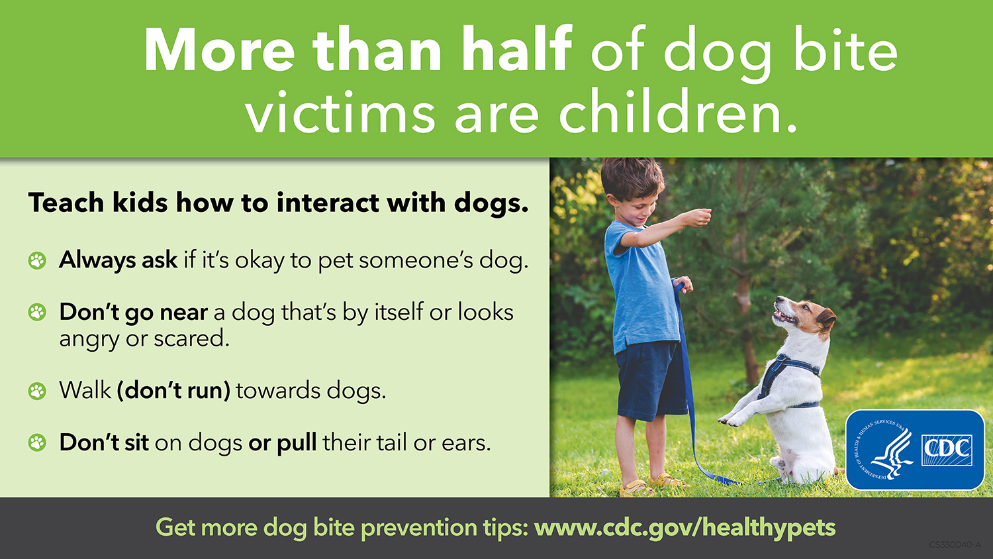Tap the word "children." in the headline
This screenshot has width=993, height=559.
point(678,112)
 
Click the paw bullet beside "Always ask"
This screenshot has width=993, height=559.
point(37,260)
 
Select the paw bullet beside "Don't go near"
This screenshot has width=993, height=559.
point(37,313)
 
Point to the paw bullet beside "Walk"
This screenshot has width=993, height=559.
point(37,391)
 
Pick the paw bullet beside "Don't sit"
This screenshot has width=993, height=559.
point(37,443)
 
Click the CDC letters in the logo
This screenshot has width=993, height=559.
point(947,450)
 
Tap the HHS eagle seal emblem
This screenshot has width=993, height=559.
point(883,450)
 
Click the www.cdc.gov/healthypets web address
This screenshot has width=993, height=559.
point(685,528)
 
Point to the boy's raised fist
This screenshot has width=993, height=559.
point(700,218)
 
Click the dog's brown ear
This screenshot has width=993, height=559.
point(826,319)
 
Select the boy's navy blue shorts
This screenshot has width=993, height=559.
point(650,380)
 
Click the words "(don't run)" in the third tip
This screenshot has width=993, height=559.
point(173,391)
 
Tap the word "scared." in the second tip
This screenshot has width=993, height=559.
point(191,339)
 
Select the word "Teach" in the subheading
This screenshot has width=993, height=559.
point(66,203)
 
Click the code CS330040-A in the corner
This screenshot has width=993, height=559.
point(955,544)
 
